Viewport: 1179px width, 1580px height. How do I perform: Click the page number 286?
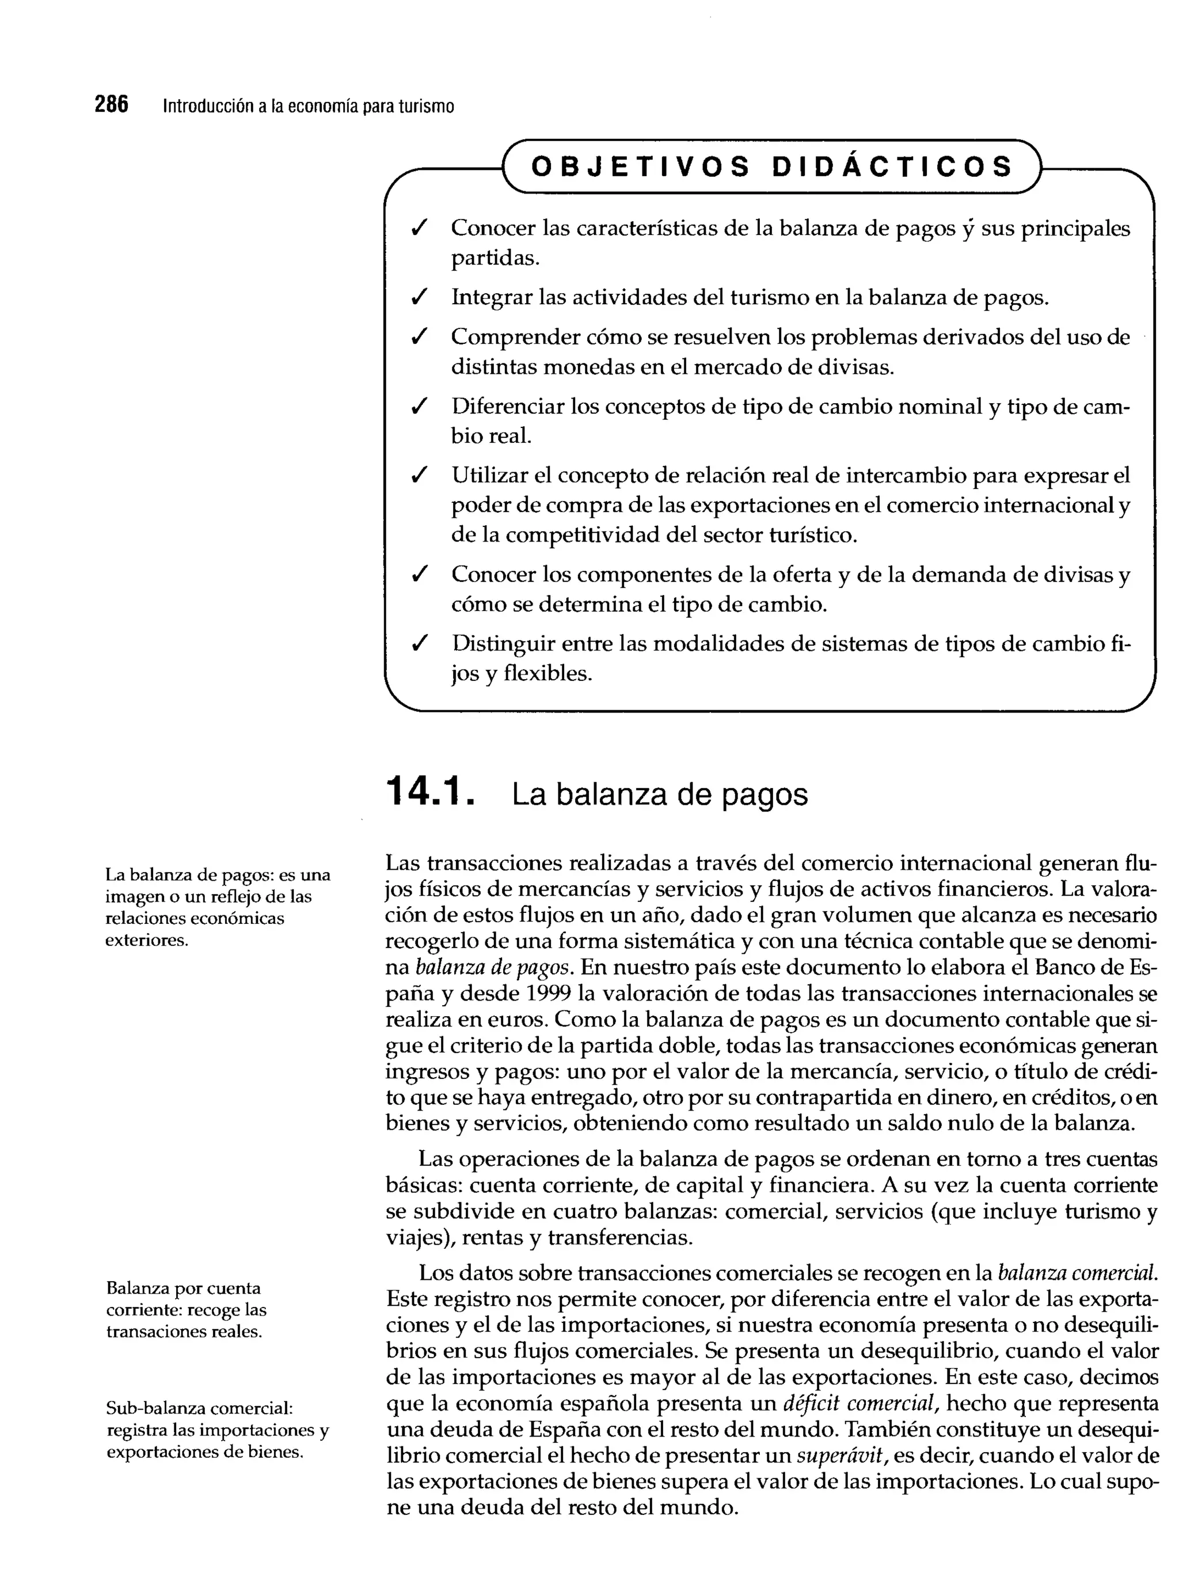pyautogui.click(x=112, y=105)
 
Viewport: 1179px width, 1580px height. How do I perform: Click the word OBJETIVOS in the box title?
pyautogui.click(x=641, y=167)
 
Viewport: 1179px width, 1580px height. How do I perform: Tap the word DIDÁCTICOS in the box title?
pyautogui.click(x=892, y=167)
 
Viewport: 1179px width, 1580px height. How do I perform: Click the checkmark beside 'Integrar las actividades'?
pyautogui.click(x=420, y=297)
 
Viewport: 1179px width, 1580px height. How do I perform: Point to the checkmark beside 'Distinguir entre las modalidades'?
pyautogui.click(x=420, y=644)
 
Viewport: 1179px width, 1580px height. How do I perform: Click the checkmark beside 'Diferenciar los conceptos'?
pyautogui.click(x=420, y=406)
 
